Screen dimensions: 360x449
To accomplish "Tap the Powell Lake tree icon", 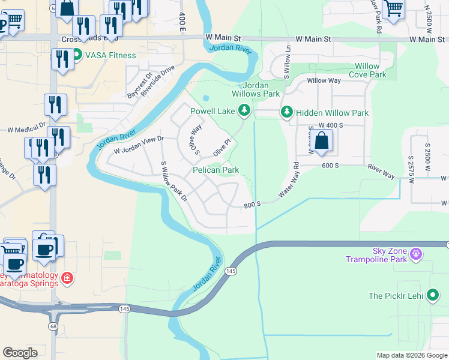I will pos(244,110).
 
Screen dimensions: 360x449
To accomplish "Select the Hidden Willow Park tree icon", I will pos(287,113).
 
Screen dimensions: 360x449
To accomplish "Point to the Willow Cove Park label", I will pos(370,70).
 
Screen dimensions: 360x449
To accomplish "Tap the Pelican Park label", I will pos(215,170).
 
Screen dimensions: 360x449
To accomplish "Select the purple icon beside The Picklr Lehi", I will pos(432,295).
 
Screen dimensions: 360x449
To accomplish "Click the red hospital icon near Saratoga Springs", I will pos(68,278).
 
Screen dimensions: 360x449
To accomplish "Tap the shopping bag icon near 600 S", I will pos(322,142).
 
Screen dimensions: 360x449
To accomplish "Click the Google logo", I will pos(20,352).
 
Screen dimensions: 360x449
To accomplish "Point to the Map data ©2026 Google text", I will pos(411,355).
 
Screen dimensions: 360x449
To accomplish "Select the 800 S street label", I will pos(252,205).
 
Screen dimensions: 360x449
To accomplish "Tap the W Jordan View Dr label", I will pos(139,146).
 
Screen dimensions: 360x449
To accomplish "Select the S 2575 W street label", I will pos(411,170).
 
